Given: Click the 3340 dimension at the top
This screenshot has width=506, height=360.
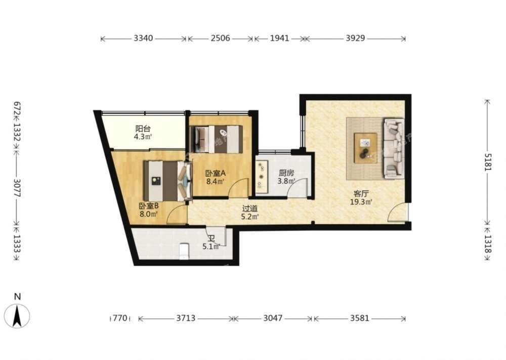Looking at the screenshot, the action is (143, 38).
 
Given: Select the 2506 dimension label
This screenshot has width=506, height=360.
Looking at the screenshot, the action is (221, 38).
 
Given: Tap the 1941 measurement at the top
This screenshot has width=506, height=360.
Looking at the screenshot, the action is (279, 38).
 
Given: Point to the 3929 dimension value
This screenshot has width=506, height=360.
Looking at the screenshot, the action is (355, 38).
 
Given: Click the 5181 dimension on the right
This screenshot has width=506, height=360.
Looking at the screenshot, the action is (488, 162).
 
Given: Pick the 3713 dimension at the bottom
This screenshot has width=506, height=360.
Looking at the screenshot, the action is (186, 318).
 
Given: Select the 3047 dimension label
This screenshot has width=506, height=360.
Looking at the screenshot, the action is (273, 318).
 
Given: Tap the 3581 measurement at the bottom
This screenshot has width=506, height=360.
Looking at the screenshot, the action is (359, 318).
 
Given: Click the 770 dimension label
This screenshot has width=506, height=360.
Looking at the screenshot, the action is (120, 318).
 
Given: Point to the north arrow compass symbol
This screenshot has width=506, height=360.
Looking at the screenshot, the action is (17, 315).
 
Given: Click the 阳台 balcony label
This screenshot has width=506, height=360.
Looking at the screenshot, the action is (143, 129).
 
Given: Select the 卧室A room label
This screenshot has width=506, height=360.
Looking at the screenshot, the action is (216, 173).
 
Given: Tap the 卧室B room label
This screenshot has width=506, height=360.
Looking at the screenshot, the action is (148, 206).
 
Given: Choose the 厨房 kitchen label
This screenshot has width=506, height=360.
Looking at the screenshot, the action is (286, 173).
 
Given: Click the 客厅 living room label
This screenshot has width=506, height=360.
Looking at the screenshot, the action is (361, 194).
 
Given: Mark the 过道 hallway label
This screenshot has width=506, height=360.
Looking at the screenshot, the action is (250, 209).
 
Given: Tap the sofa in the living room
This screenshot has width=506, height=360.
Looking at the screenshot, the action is (394, 148).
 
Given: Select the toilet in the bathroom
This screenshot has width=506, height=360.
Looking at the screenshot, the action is (184, 251).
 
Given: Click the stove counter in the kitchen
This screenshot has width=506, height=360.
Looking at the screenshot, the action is (261, 176).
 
